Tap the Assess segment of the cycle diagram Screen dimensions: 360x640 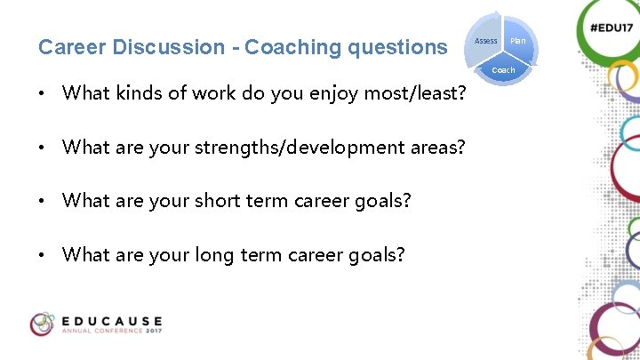[x=485, y=41]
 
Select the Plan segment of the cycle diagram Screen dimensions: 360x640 [x=518, y=41]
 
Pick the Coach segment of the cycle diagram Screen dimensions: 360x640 [x=503, y=69]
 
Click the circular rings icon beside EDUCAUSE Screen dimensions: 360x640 [x=42, y=324]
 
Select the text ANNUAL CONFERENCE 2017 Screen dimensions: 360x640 [x=112, y=332]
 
